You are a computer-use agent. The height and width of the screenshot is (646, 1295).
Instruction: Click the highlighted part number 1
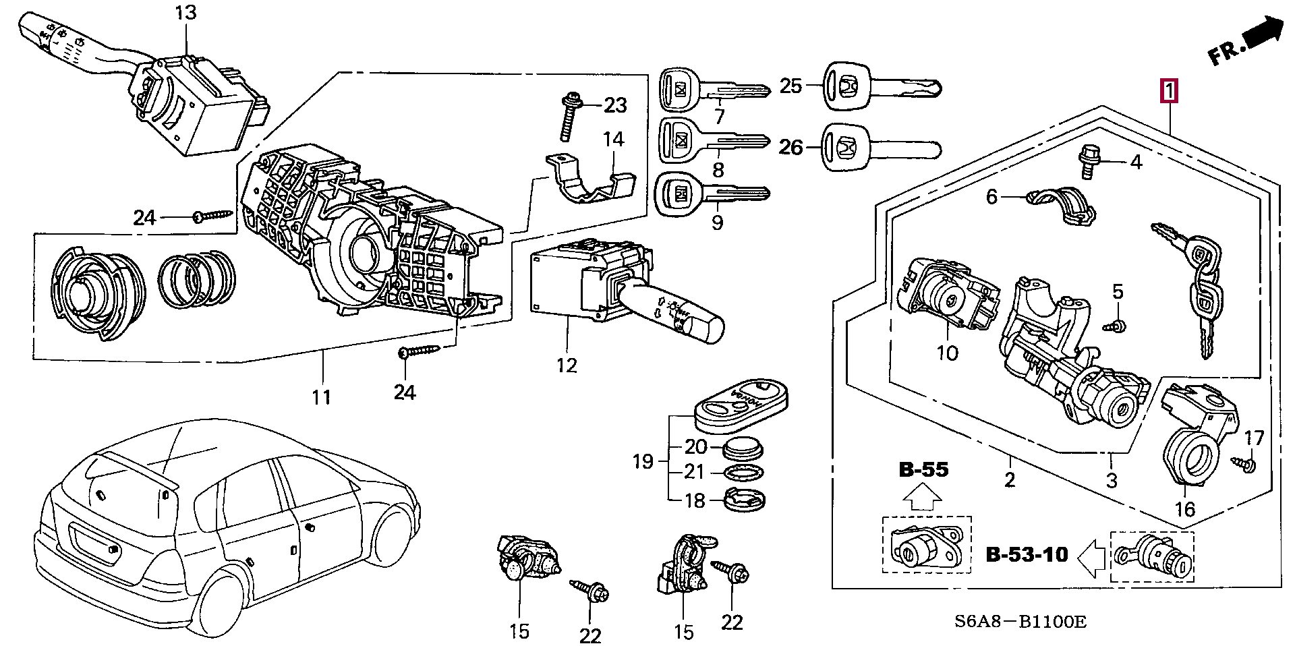[1168, 91]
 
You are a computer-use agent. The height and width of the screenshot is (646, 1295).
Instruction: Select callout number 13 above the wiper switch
[185, 13]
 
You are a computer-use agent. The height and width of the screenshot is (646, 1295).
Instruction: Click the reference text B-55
[923, 469]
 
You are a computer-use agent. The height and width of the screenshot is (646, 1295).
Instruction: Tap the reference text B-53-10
[1027, 554]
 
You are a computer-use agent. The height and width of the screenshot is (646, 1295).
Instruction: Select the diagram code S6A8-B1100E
[1020, 622]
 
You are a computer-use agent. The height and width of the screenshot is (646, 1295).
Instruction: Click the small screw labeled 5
[1116, 326]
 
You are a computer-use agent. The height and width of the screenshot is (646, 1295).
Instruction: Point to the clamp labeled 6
[1060, 204]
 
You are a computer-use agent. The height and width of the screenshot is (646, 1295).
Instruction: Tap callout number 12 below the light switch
[567, 365]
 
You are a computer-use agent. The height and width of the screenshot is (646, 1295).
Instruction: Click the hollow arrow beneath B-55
[922, 498]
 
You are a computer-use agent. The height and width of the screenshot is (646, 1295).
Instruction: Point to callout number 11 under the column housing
[321, 397]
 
